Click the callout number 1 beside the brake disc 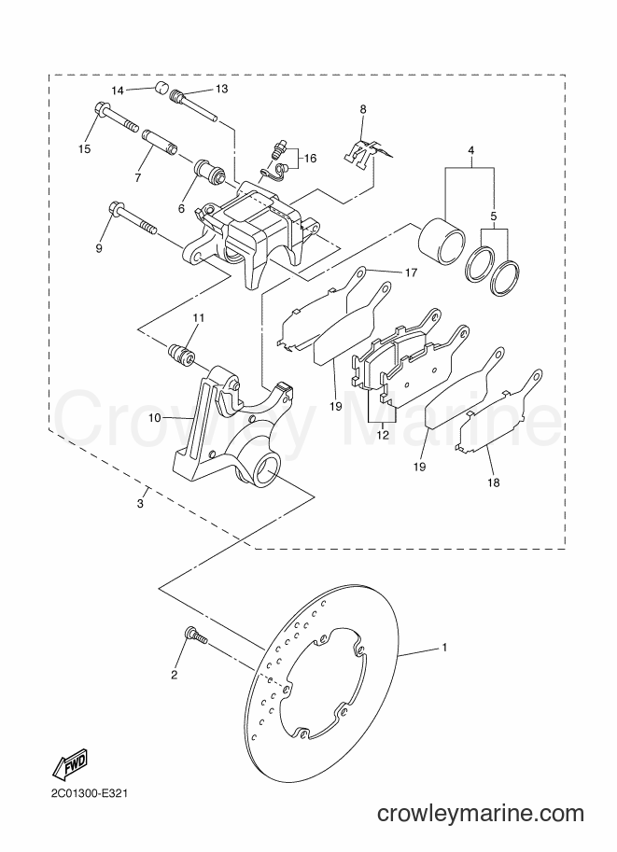tap(444, 647)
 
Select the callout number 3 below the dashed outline tap(140, 504)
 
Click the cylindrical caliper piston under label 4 tap(442, 242)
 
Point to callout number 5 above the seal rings tap(493, 216)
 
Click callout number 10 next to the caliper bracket tap(154, 418)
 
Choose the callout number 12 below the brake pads tap(383, 435)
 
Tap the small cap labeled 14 tap(161, 88)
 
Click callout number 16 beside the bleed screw tap(310, 159)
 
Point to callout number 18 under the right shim tap(494, 482)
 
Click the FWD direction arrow tap(71, 764)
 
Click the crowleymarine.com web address tap(481, 814)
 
